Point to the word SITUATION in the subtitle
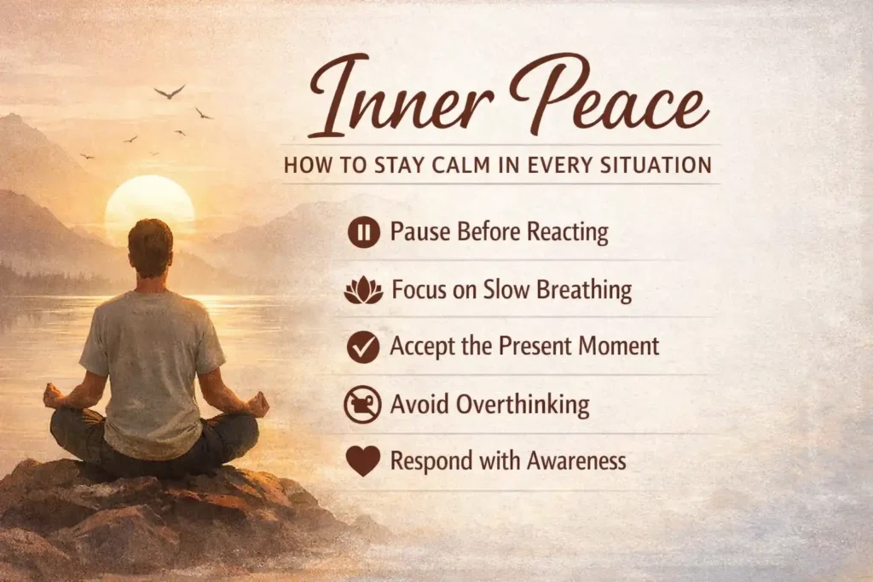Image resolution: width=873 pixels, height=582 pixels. [660, 164]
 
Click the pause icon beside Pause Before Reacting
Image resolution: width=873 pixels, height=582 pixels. [364, 233]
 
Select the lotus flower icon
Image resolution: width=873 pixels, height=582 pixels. [364, 291]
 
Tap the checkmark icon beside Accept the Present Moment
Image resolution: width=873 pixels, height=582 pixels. [364, 347]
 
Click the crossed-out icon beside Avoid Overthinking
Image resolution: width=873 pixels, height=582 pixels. [364, 405]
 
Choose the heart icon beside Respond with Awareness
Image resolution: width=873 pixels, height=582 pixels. [364, 461]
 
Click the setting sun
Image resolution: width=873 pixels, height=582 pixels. [149, 205]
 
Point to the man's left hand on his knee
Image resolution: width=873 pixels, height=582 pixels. [54, 395]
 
